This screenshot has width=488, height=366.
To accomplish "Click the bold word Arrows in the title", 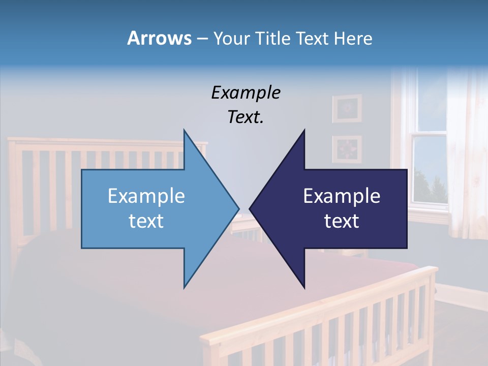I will [x=159, y=38].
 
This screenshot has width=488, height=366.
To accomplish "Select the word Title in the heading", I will [x=272, y=38].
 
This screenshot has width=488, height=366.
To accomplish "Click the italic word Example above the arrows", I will [x=246, y=93].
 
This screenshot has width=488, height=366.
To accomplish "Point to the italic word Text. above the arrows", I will [x=246, y=117].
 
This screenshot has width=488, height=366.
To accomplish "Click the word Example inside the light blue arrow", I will [x=146, y=196].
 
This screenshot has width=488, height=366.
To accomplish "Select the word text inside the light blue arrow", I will [x=146, y=221].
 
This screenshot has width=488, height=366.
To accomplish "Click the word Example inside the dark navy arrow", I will [x=342, y=196].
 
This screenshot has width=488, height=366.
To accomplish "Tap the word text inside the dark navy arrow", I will [x=342, y=221].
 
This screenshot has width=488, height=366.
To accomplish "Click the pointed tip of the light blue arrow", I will [x=238, y=208].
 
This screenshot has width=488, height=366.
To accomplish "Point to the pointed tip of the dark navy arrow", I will [x=250, y=208].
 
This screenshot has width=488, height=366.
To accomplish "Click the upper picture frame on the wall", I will [x=347, y=108].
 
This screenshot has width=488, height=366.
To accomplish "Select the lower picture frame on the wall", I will [x=347, y=149].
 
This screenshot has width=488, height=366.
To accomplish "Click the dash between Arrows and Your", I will [x=202, y=39].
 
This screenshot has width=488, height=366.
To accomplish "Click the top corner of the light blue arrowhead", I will [x=184, y=130].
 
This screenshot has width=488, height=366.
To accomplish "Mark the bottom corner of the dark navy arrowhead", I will [x=304, y=288].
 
